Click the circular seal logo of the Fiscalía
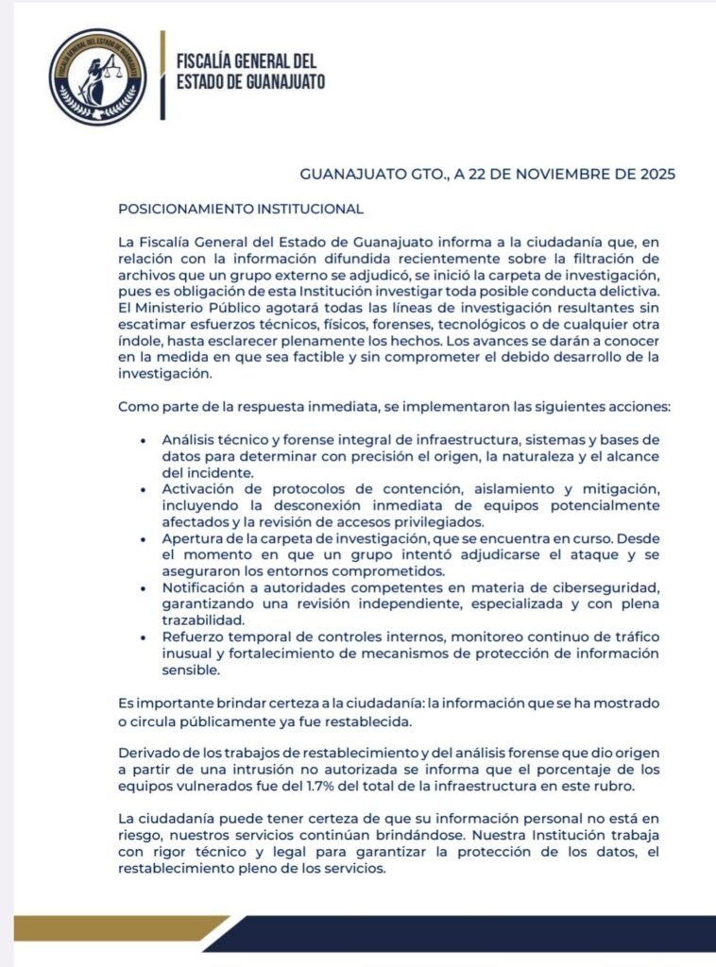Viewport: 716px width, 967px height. [98, 77]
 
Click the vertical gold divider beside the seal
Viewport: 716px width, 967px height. [162, 76]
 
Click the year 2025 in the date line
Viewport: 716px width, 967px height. [656, 175]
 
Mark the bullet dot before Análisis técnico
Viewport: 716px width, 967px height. [143, 441]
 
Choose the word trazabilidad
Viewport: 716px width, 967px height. [203, 619]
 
